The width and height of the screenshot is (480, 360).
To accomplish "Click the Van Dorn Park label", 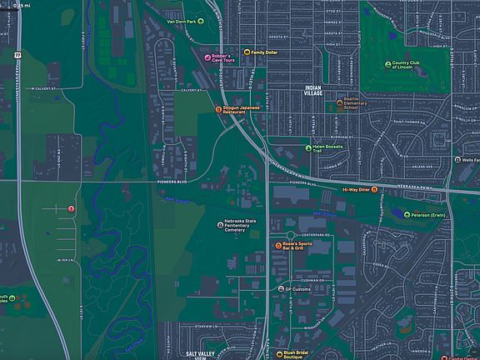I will tap(183, 20).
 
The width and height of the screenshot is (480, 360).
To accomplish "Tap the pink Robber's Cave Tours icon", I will tap(207, 57).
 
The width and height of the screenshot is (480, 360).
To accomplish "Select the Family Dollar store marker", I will tap(246, 52).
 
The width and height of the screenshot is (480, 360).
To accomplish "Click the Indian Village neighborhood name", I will tap(312, 91).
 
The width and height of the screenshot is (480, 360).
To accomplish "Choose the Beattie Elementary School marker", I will tap(352, 103).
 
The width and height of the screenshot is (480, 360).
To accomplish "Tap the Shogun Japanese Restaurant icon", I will tap(218, 109).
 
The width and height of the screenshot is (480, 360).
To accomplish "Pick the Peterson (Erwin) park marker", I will tap(407, 215).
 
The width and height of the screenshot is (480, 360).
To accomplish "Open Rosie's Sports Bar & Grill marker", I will tap(279, 246).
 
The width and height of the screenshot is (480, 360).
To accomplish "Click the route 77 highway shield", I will tap(17, 54).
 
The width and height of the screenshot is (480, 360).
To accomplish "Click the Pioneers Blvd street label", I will tap(173, 180).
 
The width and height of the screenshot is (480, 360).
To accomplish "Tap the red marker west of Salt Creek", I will tap(71, 207).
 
